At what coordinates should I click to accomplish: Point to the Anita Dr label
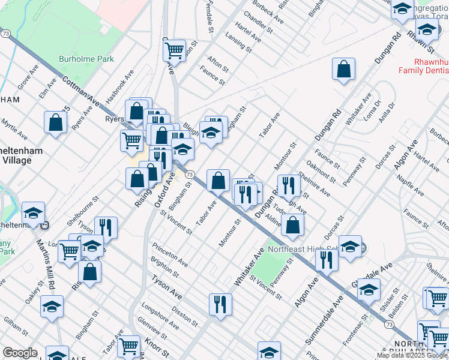point(387,112)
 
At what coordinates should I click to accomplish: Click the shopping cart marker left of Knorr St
point(130,346)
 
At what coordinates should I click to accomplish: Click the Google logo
point(20,353)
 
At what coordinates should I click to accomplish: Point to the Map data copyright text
point(412,355)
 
